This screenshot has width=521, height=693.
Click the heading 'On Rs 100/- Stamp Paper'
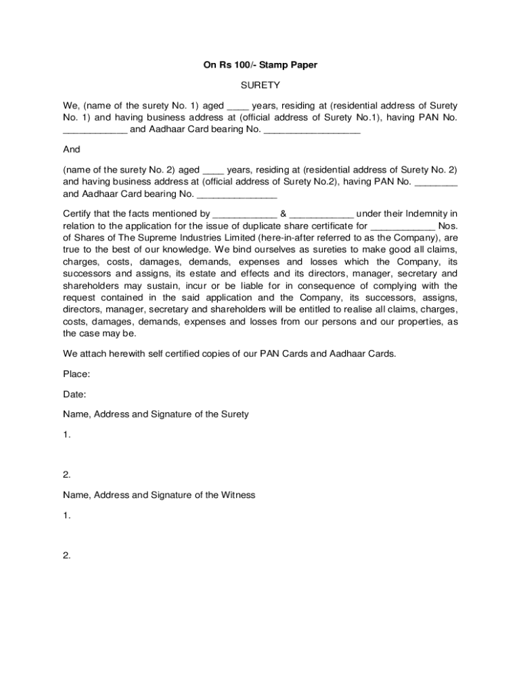click(x=260, y=65)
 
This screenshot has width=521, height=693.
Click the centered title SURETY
click(x=260, y=86)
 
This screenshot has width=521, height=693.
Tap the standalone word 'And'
click(x=71, y=150)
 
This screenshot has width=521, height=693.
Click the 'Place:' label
click(x=76, y=374)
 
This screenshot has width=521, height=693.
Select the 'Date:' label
click(x=74, y=394)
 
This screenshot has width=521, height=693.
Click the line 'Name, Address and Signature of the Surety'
click(x=156, y=413)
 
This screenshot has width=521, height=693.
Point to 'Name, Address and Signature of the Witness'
click(x=159, y=495)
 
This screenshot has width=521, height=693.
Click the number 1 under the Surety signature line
click(x=66, y=434)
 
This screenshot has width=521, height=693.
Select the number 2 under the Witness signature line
click(x=66, y=556)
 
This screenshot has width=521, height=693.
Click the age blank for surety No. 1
click(x=238, y=107)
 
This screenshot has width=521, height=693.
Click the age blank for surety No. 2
click(x=213, y=170)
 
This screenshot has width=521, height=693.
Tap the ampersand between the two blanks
click(x=284, y=215)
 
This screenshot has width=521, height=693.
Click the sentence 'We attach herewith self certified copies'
click(x=229, y=353)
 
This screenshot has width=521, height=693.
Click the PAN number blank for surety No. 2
click(x=435, y=183)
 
